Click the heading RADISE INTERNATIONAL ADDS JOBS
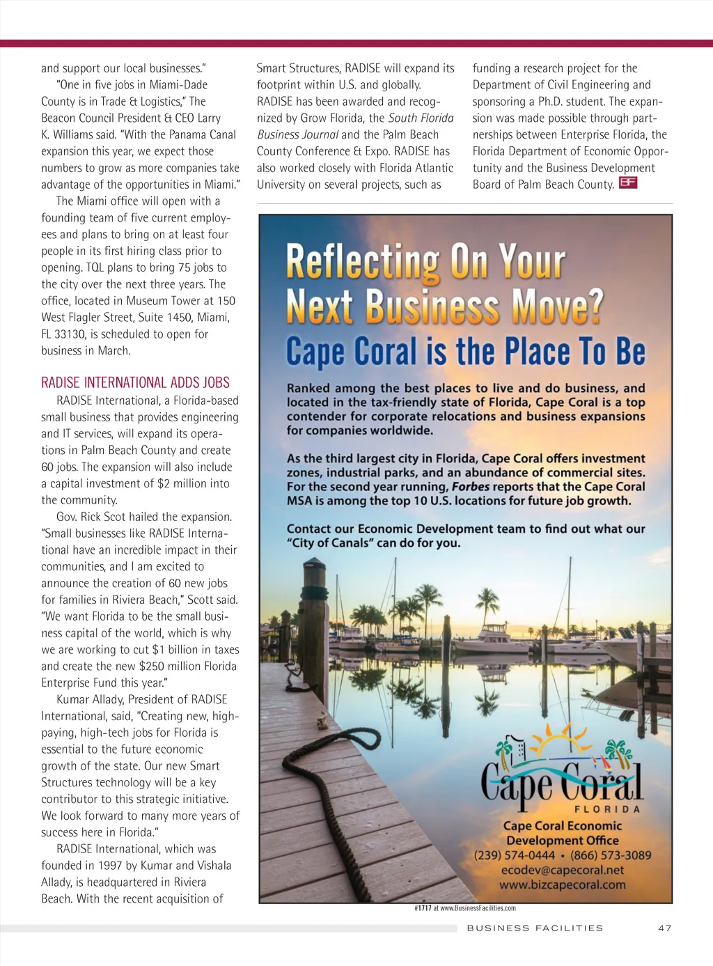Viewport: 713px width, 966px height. [x=135, y=382]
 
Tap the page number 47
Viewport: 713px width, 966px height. [x=664, y=928]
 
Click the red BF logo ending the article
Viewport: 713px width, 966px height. [x=627, y=183]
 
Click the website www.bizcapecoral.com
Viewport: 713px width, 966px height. [x=562, y=885]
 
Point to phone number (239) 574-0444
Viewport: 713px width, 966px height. [x=515, y=855]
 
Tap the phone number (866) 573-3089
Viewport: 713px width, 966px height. [x=611, y=855]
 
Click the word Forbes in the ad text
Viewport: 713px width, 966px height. [x=470, y=487]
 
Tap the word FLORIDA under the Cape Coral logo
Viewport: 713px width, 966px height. [x=606, y=809]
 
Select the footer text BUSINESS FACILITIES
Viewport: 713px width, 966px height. [x=535, y=928]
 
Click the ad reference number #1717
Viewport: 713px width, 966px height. [x=423, y=908]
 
